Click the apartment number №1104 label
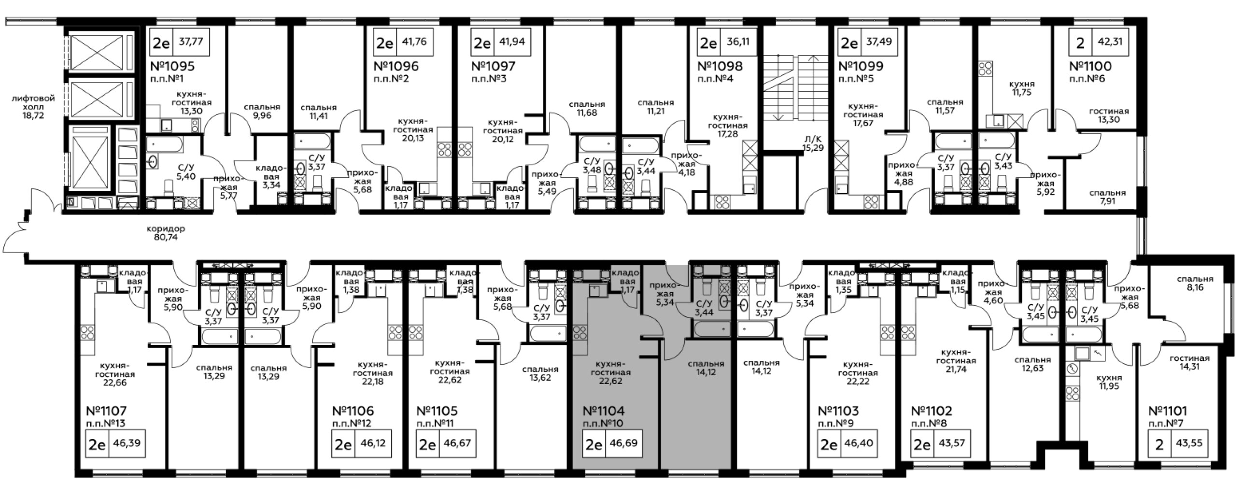point(604,411)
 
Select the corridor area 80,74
point(166,238)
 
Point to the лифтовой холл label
point(33,102)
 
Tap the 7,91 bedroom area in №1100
point(1107,200)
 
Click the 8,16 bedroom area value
point(1195,287)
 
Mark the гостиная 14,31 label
point(1189,362)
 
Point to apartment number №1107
point(106,412)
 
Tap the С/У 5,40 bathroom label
point(186,172)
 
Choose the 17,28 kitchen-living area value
point(728,134)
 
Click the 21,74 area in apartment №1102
point(956,369)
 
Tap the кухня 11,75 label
point(1022,88)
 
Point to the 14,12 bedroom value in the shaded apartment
point(706,372)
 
